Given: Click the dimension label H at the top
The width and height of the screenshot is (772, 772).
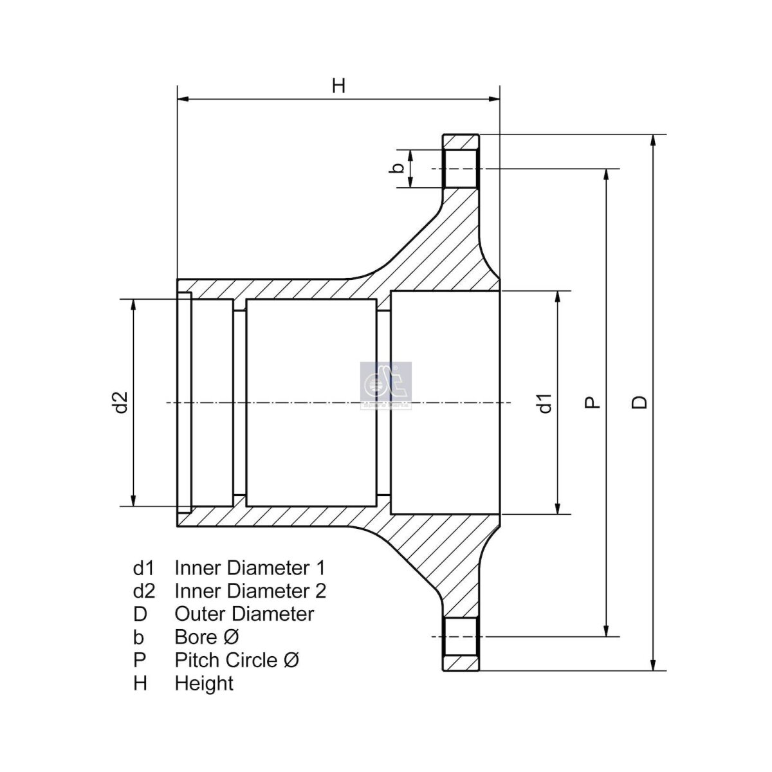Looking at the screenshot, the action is tap(338, 86).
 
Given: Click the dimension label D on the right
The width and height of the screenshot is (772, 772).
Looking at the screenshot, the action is tap(639, 402).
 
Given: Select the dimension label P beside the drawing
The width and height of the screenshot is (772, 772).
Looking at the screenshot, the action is tap(593, 402).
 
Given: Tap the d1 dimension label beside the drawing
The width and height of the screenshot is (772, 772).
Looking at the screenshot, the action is tap(546, 403).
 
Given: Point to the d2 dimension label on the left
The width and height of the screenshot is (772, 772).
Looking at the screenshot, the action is tap(120, 402).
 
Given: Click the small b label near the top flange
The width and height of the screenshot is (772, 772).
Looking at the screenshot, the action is tap(397, 169).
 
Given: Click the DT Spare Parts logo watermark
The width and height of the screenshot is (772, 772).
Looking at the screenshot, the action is tap(386, 385).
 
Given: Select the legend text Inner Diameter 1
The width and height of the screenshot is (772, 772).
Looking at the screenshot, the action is tap(250, 567).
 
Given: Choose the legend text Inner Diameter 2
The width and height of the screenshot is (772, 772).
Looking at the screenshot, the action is tap(250, 591).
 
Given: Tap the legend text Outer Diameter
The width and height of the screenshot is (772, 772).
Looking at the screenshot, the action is tap(244, 614).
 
